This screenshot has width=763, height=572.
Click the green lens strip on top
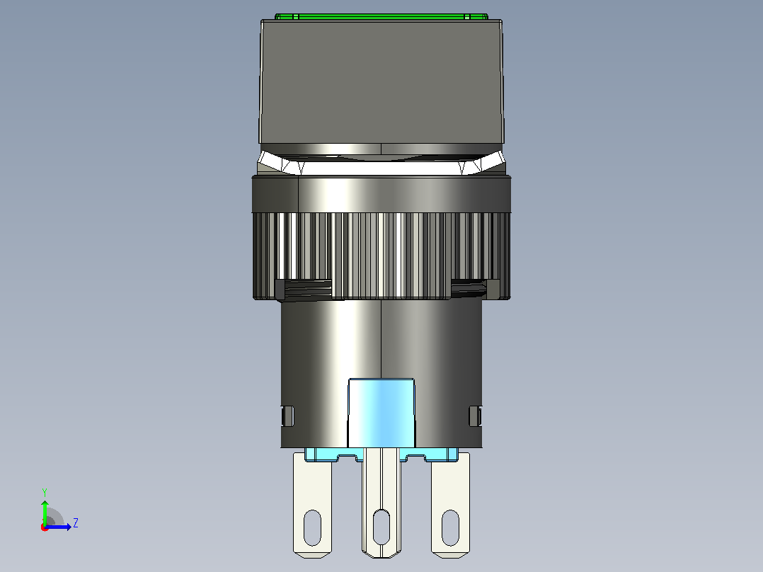[381, 16]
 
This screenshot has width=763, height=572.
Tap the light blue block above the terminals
[381, 413]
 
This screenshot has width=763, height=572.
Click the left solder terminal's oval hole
[312, 527]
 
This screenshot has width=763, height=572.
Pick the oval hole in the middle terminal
[381, 527]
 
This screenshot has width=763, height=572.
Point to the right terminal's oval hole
[450, 527]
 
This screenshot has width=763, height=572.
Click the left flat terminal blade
[312, 505]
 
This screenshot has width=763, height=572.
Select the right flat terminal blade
[451, 505]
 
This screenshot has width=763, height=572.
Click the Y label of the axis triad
[45, 492]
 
